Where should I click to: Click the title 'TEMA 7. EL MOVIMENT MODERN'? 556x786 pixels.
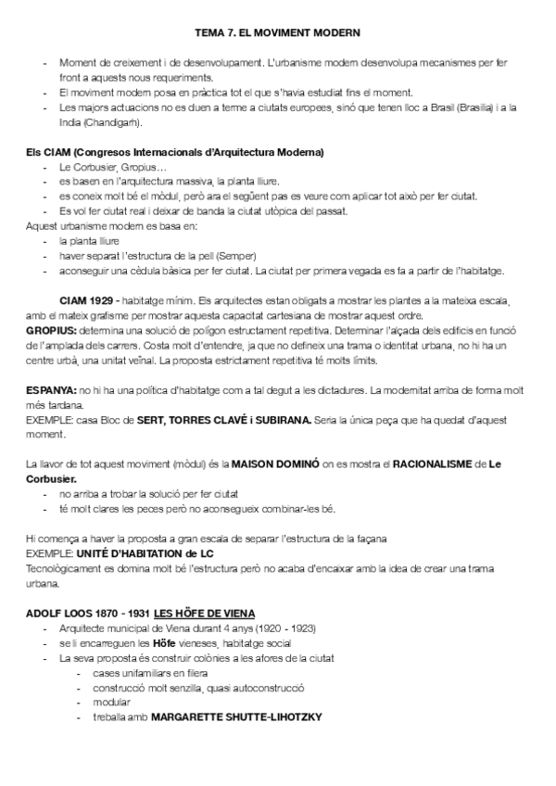click(278, 32)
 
